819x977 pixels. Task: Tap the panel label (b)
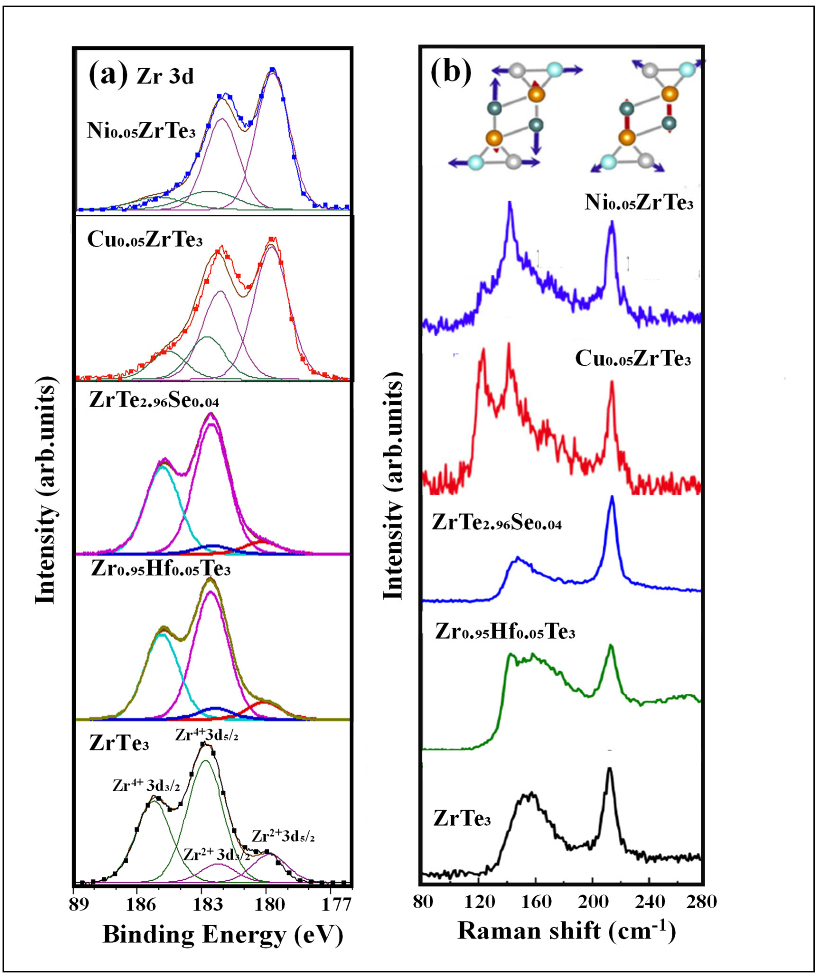click(x=450, y=72)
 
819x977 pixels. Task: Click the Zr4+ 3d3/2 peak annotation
click(x=146, y=786)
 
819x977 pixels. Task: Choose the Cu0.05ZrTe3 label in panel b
click(x=633, y=360)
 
